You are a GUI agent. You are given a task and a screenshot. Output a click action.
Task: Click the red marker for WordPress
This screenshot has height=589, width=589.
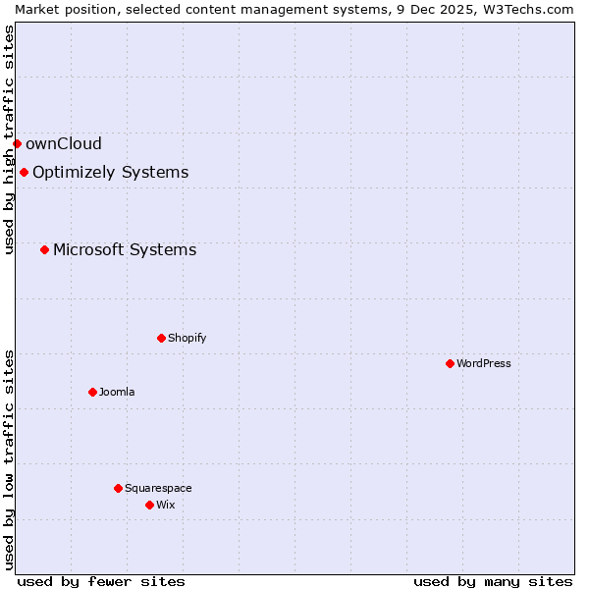450,363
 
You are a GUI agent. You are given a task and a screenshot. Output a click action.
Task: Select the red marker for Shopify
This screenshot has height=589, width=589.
161,338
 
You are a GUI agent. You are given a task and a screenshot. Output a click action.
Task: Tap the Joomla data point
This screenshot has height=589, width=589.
92,392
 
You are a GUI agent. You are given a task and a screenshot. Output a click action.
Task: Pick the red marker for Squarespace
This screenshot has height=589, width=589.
118,488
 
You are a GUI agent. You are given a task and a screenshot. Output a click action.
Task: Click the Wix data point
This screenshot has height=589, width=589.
149,505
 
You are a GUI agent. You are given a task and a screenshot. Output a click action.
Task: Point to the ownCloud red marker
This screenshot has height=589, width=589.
17,143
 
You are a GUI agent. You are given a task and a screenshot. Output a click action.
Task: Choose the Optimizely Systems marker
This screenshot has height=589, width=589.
24,173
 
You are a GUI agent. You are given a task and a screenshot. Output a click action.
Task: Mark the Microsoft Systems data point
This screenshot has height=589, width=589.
44,249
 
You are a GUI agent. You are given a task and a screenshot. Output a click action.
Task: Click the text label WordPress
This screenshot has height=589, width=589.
484,363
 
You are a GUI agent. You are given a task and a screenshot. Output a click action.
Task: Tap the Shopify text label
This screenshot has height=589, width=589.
187,338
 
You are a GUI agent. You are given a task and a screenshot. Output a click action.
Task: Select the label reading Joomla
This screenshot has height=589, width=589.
117,392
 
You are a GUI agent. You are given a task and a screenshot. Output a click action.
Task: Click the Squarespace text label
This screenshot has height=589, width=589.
158,488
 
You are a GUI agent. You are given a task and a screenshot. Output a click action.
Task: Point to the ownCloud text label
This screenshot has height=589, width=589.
64,143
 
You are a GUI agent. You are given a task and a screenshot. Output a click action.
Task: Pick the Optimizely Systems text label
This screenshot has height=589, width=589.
110,173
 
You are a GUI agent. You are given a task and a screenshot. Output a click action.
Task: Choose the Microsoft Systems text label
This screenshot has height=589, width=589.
125,249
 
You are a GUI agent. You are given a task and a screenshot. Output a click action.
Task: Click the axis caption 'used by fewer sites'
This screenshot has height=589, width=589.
101,581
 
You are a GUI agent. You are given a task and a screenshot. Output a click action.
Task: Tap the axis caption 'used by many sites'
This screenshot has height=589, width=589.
493,581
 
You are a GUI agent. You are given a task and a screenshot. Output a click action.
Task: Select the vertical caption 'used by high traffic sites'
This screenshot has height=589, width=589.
9,139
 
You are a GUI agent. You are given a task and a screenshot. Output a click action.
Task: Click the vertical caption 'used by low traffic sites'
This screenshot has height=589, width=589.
9,459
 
